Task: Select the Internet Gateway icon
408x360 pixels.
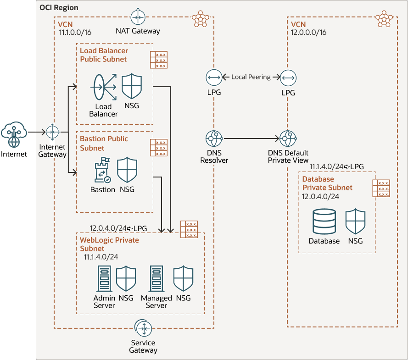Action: click(52, 132)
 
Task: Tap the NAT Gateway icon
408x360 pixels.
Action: click(138, 17)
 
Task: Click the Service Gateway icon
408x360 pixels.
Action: click(144, 328)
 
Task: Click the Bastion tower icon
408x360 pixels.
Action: click(101, 171)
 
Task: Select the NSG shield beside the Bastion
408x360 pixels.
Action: click(127, 171)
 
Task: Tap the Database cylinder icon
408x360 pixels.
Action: click(324, 222)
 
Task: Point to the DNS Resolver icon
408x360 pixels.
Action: click(214, 138)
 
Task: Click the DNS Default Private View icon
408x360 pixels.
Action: click(288, 138)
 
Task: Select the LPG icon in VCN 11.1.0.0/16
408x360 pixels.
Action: click(214, 78)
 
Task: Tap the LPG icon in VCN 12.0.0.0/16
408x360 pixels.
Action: click(288, 78)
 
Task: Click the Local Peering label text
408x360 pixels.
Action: click(251, 77)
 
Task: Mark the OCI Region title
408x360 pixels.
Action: click(59, 8)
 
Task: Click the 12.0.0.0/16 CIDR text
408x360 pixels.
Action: click(309, 33)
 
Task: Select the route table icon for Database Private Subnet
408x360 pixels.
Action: click(381, 188)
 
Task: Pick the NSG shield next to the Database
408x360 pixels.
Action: click(355, 222)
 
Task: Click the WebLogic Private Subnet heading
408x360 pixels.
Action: click(109, 244)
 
